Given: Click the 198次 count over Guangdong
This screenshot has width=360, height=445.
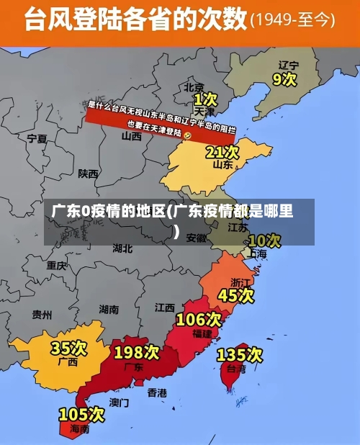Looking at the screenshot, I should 137,352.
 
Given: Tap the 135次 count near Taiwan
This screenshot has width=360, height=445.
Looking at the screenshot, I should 239,354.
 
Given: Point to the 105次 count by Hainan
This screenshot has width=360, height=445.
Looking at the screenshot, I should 81,415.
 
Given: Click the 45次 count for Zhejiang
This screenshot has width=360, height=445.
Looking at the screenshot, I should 236,295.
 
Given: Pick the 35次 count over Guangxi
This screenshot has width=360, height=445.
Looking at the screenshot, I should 68,348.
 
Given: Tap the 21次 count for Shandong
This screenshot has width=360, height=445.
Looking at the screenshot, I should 222,152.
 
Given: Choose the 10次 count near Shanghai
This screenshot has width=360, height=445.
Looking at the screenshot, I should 264,240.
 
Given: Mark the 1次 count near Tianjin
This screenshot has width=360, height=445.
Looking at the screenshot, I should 205,98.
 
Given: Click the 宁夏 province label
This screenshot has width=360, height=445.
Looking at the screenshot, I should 37,138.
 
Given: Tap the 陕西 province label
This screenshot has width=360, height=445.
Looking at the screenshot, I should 89,173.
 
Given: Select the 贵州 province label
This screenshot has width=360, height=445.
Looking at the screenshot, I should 42,314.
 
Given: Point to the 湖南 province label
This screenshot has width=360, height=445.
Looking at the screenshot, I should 109,309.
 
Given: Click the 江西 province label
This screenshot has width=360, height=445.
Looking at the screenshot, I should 165,307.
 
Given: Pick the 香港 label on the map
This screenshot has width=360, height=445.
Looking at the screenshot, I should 157,392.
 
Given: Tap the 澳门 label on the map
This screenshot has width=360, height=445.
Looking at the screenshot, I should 120,402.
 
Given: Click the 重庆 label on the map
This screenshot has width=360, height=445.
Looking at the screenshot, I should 57,265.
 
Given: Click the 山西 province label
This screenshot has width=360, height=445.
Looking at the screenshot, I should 131,135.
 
